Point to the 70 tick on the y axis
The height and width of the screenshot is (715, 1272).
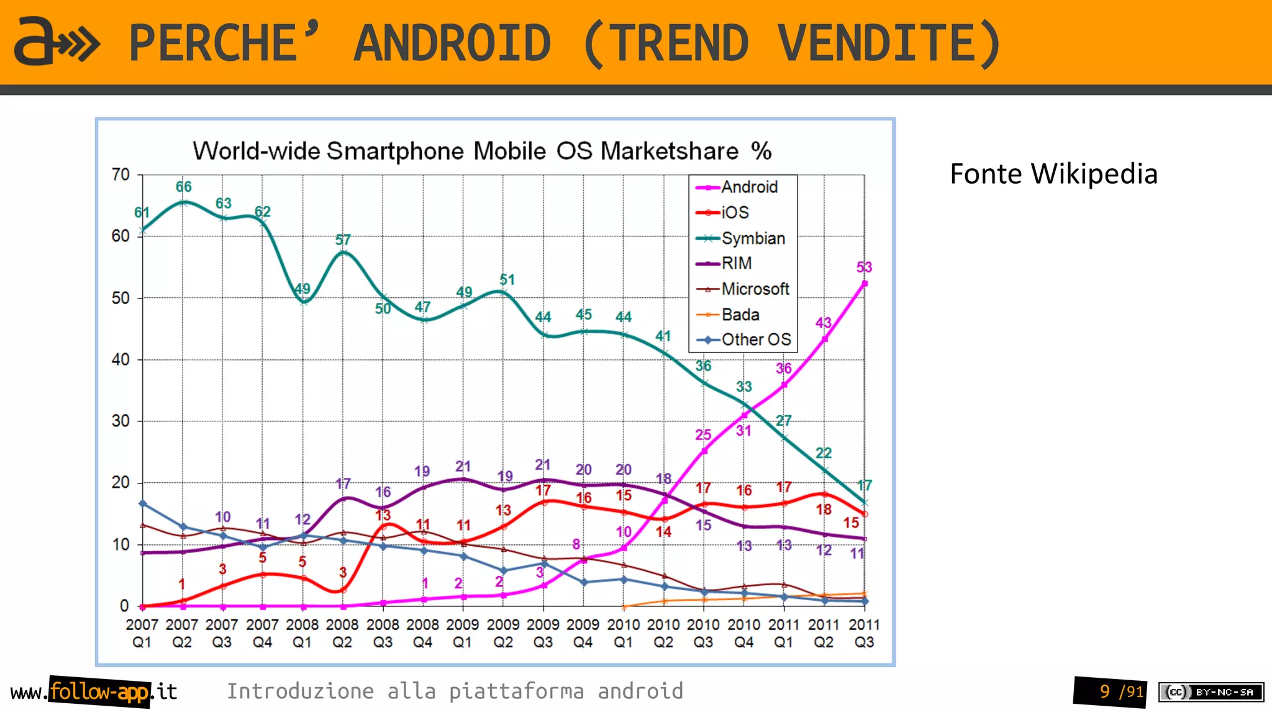tap(120, 174)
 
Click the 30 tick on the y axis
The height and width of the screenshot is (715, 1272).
tap(120, 421)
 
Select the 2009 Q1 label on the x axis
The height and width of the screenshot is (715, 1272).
tap(462, 633)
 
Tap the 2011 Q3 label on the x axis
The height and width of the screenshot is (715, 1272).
tap(864, 633)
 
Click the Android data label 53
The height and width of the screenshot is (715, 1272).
tap(864, 268)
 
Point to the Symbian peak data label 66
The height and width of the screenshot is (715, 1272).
tap(183, 187)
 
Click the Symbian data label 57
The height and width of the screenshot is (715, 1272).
tap(343, 240)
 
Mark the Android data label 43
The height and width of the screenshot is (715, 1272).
tap(823, 323)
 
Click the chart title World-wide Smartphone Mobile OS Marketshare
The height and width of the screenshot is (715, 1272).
tap(482, 151)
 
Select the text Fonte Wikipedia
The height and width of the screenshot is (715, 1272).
tap(1053, 174)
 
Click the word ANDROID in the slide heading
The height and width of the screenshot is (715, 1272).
tap(452, 43)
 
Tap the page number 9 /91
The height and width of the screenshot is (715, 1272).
tap(1121, 691)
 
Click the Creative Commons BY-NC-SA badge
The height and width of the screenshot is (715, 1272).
tap(1211, 692)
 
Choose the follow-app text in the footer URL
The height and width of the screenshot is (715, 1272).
tap(99, 691)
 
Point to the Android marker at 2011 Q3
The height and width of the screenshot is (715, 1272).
tap(865, 284)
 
